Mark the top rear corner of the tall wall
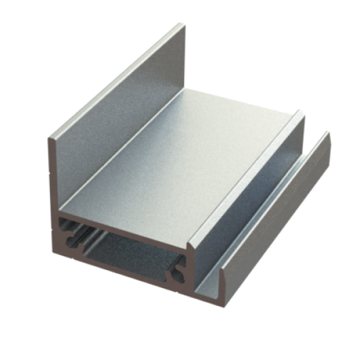click(x=181, y=25)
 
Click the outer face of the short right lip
click(x=280, y=220)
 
